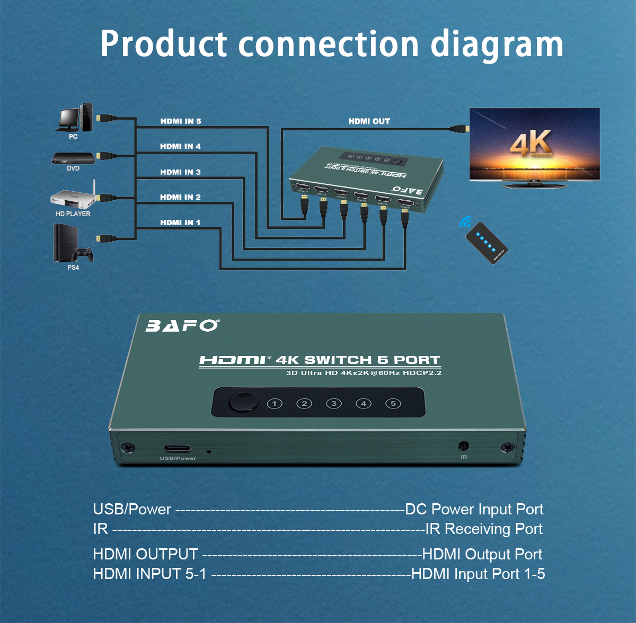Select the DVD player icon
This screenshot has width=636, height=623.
click(x=73, y=158)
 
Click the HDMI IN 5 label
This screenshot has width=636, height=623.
click(x=181, y=121)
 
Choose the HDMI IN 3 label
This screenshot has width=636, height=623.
click(x=180, y=172)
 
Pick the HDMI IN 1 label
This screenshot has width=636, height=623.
click(x=180, y=222)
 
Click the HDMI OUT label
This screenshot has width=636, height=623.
click(x=369, y=121)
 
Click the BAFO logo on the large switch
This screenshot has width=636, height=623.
click(x=182, y=325)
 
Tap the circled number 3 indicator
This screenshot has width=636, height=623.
click(x=334, y=404)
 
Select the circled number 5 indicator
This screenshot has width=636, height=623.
click(x=393, y=404)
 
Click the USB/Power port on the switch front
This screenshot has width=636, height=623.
click(x=177, y=449)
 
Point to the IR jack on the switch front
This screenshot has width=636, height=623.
click(x=464, y=447)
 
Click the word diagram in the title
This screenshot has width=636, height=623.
click(x=497, y=44)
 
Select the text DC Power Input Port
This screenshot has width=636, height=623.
click(x=474, y=509)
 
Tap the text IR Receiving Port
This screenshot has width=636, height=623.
click(x=483, y=529)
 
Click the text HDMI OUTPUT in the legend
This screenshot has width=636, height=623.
click(x=145, y=554)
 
